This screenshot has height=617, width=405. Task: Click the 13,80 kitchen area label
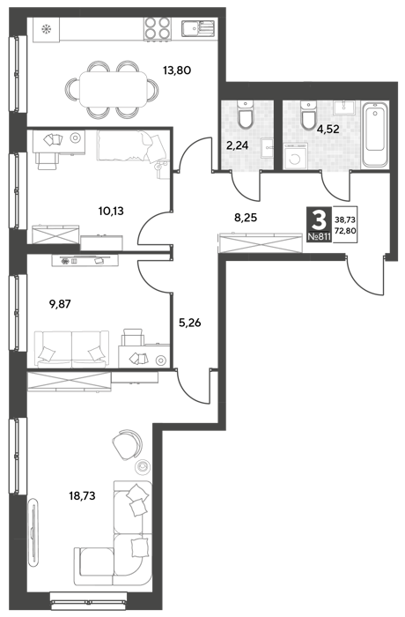coord(177,71)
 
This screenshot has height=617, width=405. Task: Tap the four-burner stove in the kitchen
coord(158,28)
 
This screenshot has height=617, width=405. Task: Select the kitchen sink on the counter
coord(199,28)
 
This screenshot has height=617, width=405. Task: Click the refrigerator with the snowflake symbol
coord(47,29)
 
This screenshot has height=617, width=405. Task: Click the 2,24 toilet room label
coord(237,145)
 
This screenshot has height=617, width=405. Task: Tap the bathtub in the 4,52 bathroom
coord(375,135)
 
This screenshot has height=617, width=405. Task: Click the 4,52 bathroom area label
coord(328,129)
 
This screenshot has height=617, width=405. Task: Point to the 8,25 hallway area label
coord(246,217)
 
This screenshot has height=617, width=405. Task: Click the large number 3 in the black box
coord(319,220)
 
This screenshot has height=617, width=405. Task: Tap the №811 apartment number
coord(319,237)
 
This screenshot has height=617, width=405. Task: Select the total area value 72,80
coord(345,231)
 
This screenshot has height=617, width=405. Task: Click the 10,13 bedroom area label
coord(111,212)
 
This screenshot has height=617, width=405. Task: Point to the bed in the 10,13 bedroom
coord(131,146)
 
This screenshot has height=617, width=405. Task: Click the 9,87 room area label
coord(60,304)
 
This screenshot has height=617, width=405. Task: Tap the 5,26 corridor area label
coord(190,323)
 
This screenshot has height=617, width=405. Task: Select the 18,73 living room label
coord(82,495)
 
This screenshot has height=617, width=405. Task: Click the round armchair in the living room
coord(127,445)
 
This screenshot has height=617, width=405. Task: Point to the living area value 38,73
coord(345,220)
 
